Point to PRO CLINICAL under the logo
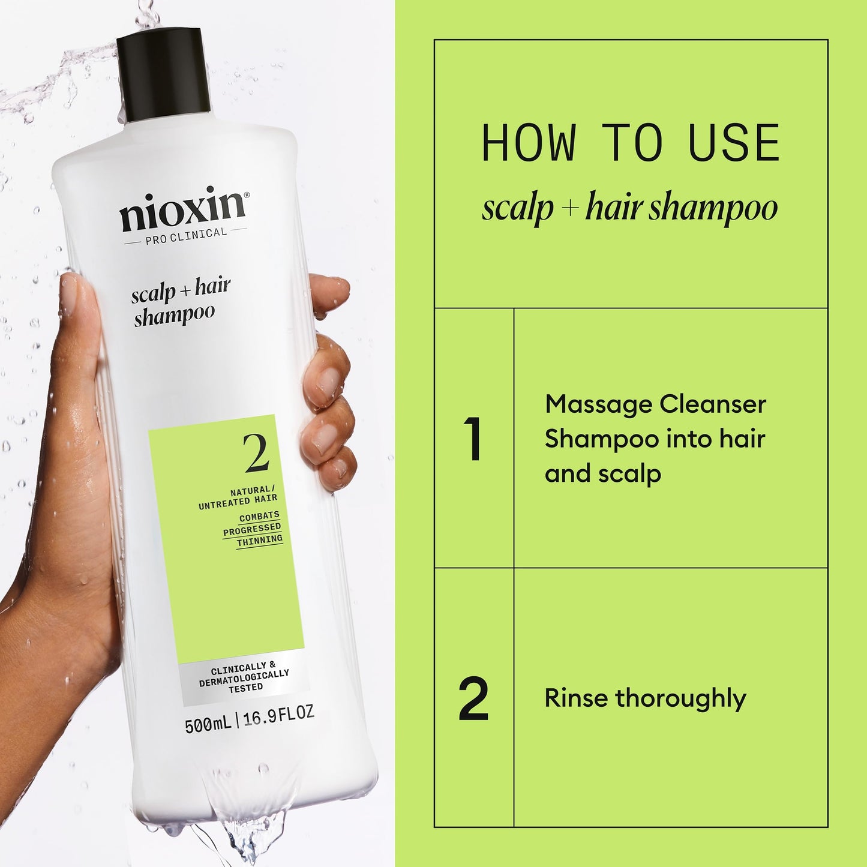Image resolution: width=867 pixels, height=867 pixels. (x=185, y=235)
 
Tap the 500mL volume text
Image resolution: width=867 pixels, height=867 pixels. (x=208, y=724)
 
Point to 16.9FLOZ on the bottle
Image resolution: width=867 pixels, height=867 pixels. (x=278, y=715)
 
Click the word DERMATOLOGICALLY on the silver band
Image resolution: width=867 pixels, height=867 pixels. (x=244, y=677)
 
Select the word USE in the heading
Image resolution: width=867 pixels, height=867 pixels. (x=734, y=143)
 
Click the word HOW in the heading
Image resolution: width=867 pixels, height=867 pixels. (x=528, y=143)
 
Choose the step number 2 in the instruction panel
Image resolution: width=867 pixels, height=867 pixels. (x=473, y=698)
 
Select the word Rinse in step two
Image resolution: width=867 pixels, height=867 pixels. (x=576, y=698)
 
